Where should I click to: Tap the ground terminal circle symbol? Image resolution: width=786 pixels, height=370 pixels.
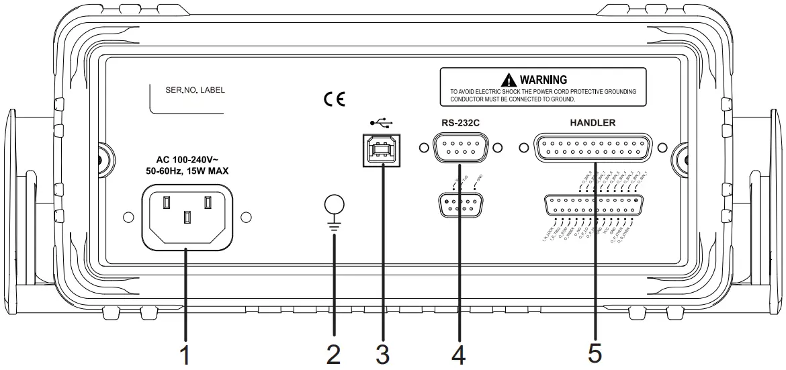[x=334, y=205]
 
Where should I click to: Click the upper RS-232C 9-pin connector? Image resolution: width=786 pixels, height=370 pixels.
[x=460, y=147]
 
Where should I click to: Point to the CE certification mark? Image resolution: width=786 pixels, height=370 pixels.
[x=334, y=99]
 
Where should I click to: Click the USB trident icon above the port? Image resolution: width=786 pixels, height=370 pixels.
[x=382, y=124]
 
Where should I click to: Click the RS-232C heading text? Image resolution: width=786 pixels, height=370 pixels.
[x=459, y=123]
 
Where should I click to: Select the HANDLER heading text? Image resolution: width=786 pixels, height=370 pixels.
[x=592, y=123]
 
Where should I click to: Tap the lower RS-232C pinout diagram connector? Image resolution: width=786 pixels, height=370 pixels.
[x=459, y=204]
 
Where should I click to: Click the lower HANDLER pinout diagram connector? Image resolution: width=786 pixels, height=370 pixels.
[x=593, y=207]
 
